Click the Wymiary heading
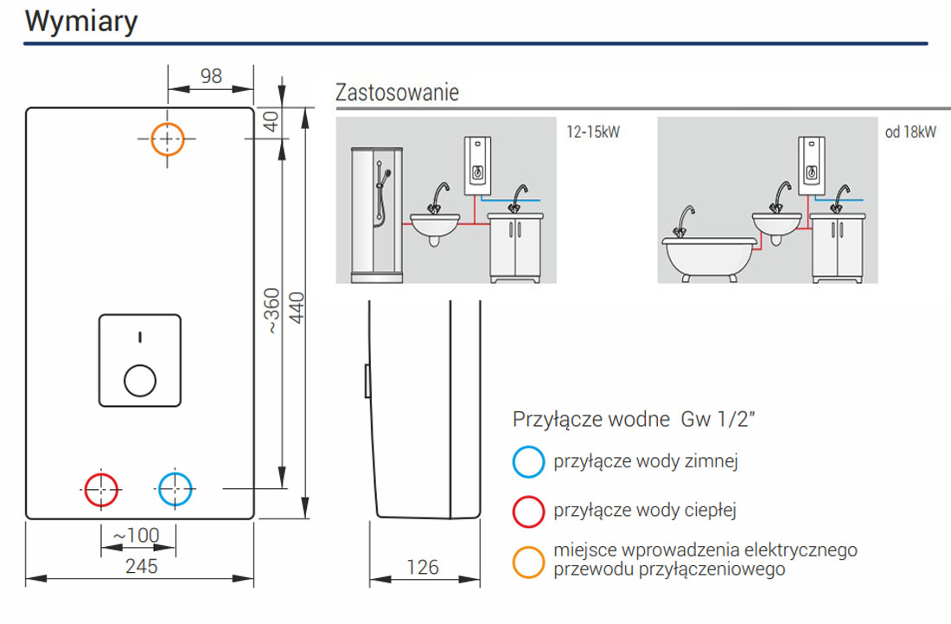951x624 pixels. point(81,21)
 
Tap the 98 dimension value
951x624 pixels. point(211,75)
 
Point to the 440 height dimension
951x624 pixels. point(297,307)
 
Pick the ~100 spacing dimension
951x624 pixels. point(137,535)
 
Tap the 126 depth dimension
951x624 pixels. point(423,567)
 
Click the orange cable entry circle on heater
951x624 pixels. point(168,138)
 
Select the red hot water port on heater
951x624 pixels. point(102,489)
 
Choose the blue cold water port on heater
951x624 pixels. point(176,489)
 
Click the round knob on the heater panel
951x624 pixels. point(140,380)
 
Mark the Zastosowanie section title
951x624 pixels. point(397,92)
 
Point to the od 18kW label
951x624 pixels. point(910,132)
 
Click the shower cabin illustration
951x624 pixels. point(378,215)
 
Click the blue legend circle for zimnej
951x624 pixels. point(528,462)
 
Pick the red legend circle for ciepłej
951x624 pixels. point(528,511)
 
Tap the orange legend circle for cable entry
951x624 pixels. point(528,561)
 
